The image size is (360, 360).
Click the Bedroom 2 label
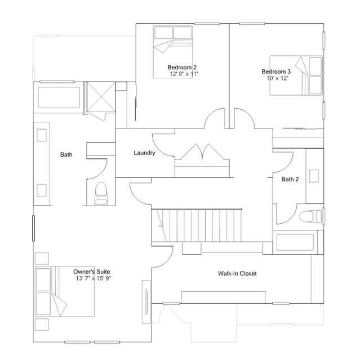(182, 67)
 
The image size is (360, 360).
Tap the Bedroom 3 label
(276, 72)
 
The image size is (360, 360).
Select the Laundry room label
(144, 153)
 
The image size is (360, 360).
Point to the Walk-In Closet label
(237, 273)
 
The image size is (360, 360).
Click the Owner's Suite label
(92, 272)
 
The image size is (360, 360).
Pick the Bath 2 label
(290, 179)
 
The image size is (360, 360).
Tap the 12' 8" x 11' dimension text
(184, 74)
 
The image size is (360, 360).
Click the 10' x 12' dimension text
(277, 78)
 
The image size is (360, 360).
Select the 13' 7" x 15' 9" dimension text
(94, 278)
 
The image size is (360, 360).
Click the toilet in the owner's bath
(101, 193)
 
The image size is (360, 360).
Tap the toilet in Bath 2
(310, 216)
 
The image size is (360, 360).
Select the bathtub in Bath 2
(295, 242)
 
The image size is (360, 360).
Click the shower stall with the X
(101, 97)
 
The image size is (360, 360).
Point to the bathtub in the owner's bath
(59, 97)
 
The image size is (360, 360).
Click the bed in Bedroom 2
(173, 52)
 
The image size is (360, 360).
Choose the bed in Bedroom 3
(296, 75)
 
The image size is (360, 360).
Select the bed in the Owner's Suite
(65, 291)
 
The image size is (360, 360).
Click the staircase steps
(197, 225)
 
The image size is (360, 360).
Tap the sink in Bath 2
(314, 176)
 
